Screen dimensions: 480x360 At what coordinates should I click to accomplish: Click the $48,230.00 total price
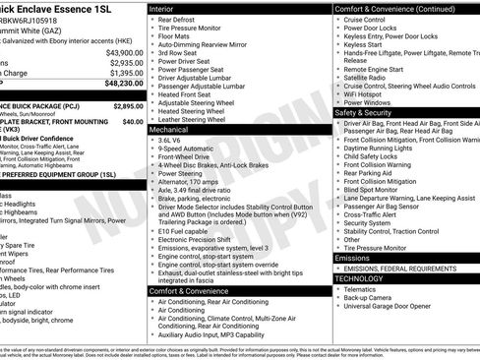[x=119, y=85]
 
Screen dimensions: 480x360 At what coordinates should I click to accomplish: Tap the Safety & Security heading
[x=363, y=112]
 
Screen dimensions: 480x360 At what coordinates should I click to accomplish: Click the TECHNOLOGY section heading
[x=362, y=278]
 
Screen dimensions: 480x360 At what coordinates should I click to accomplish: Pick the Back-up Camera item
[x=373, y=297]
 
